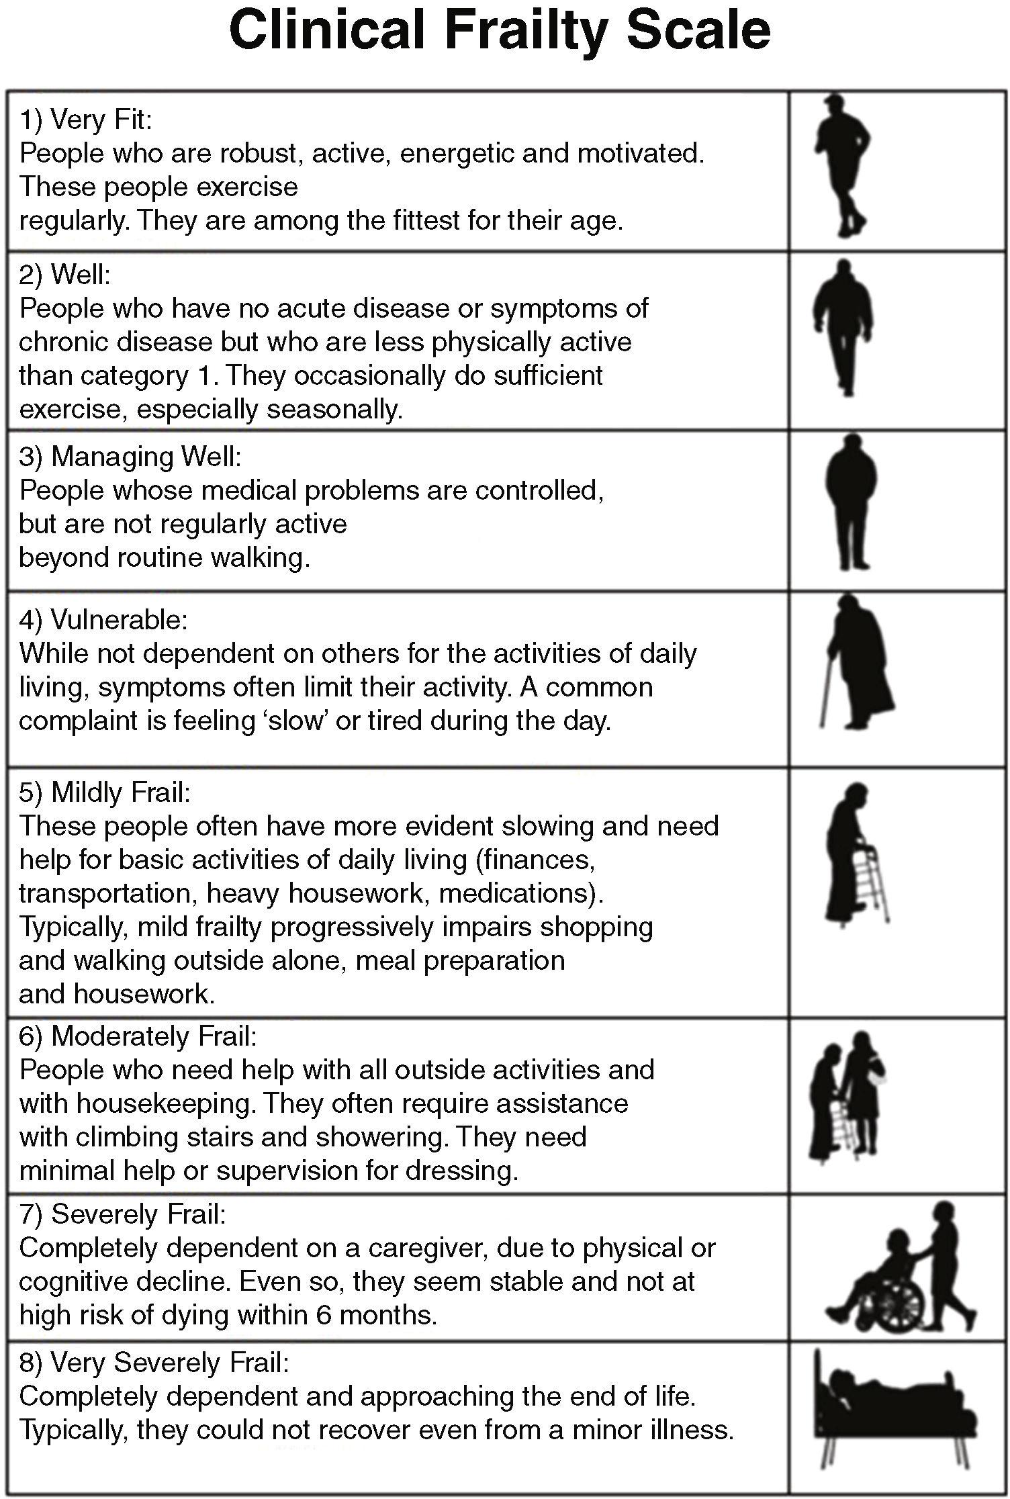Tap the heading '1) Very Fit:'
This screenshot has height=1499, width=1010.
[86, 120]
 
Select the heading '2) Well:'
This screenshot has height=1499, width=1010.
[64, 275]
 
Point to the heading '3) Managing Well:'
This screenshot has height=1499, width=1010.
[130, 457]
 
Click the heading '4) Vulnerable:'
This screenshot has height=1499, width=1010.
[103, 620]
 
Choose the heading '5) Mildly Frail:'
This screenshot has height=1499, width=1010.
[105, 792]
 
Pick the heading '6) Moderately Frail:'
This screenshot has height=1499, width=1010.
[138, 1036]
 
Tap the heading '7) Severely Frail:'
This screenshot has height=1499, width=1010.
[122, 1214]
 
